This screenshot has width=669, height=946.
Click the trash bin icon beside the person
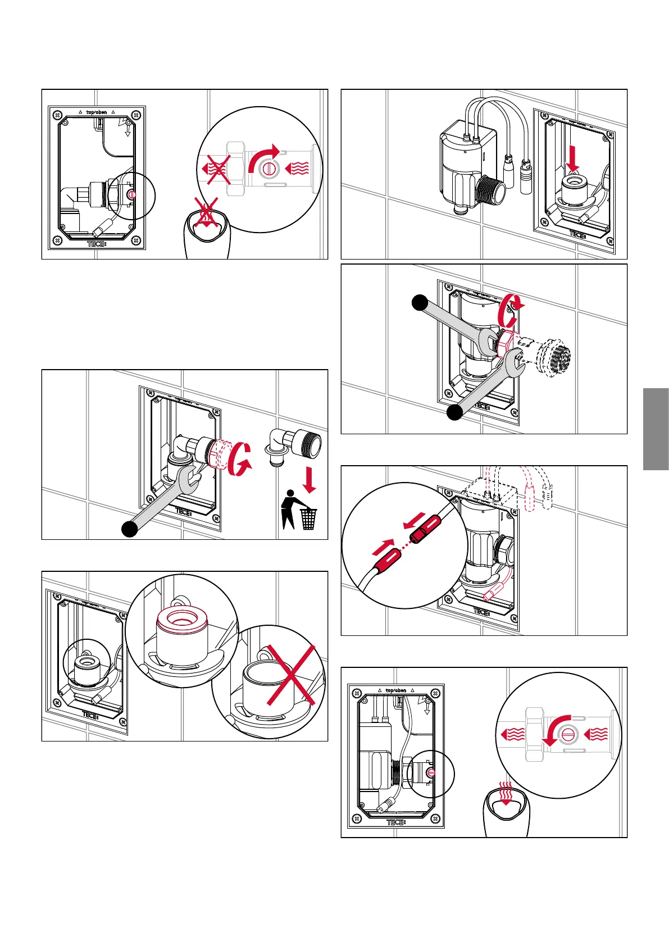click(x=308, y=519)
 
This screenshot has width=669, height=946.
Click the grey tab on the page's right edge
click(x=656, y=429)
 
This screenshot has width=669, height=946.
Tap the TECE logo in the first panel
click(x=97, y=244)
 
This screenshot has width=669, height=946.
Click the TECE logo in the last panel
click(x=396, y=822)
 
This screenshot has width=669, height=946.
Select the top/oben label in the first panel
click(x=97, y=112)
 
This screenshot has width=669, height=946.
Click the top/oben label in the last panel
click(x=396, y=690)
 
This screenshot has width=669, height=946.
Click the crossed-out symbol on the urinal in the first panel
click(x=206, y=215)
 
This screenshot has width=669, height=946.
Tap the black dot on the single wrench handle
click(x=130, y=529)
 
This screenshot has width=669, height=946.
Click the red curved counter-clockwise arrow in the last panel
click(x=556, y=730)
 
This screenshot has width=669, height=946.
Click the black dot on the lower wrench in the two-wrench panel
click(x=454, y=412)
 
